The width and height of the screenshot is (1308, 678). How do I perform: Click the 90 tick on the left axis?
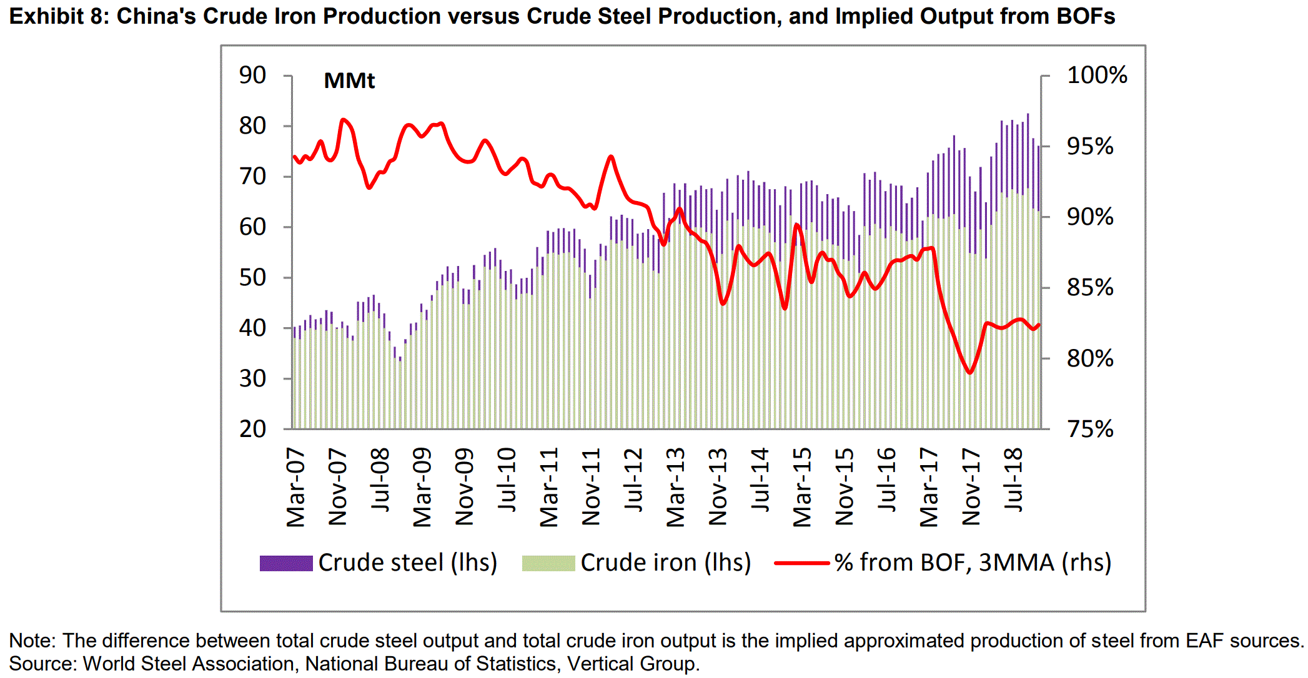(253, 76)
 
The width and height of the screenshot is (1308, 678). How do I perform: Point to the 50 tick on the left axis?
(253, 278)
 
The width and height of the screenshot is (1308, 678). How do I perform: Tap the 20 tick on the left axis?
(253, 430)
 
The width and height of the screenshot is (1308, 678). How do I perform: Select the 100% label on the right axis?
(1097, 76)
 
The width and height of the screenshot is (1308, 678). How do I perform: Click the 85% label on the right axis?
(1090, 288)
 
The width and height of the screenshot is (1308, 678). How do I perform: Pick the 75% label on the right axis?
(1090, 430)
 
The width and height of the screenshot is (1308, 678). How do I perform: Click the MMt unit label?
(349, 81)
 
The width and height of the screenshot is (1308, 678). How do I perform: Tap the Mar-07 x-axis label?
(296, 488)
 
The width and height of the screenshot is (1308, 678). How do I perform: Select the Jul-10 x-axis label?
(507, 480)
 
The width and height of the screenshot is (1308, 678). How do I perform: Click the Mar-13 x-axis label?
(676, 488)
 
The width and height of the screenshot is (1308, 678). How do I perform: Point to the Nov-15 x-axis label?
(845, 486)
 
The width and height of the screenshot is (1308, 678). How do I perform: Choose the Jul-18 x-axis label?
(1013, 480)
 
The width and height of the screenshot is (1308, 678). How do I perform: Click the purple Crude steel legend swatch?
(286, 563)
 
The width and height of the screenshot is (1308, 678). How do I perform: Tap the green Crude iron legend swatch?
(548, 563)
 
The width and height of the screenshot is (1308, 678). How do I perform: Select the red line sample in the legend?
(802, 563)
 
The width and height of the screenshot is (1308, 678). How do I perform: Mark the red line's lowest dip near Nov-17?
(970, 373)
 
